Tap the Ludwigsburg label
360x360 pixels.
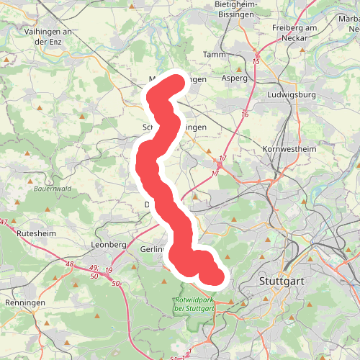click(x=291, y=95)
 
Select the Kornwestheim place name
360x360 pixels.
click(x=290, y=149)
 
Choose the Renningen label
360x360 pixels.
click(x=25, y=303)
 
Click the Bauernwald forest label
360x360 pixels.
click(x=53, y=190)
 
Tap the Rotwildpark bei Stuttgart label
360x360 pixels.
click(x=194, y=304)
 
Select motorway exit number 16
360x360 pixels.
click(x=245, y=114)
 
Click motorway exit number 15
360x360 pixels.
click(x=256, y=62)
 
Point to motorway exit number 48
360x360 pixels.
click(x=69, y=265)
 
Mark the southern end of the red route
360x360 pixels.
click(x=212, y=275)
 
